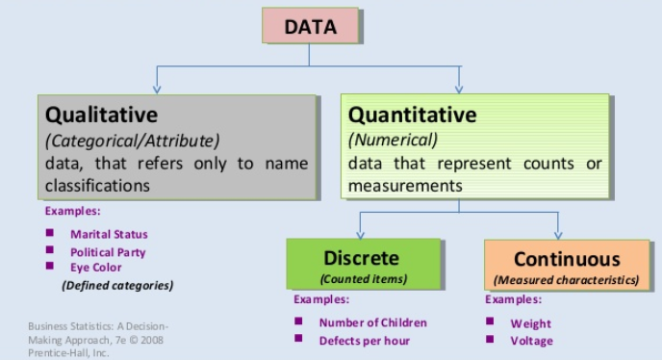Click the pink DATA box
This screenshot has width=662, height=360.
[310, 26]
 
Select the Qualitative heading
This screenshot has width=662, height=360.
[101, 115]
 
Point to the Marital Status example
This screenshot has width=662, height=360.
[109, 234]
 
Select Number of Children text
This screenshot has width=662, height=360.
[372, 322]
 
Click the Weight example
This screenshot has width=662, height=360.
[531, 323]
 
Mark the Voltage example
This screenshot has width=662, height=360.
[532, 341]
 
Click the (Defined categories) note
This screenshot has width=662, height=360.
[117, 285]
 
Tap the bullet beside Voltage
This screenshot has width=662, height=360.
[491, 339]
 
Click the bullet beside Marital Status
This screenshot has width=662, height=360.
[50, 233]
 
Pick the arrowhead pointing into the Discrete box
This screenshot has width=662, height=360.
[360, 234]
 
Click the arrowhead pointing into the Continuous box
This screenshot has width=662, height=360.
[558, 234]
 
